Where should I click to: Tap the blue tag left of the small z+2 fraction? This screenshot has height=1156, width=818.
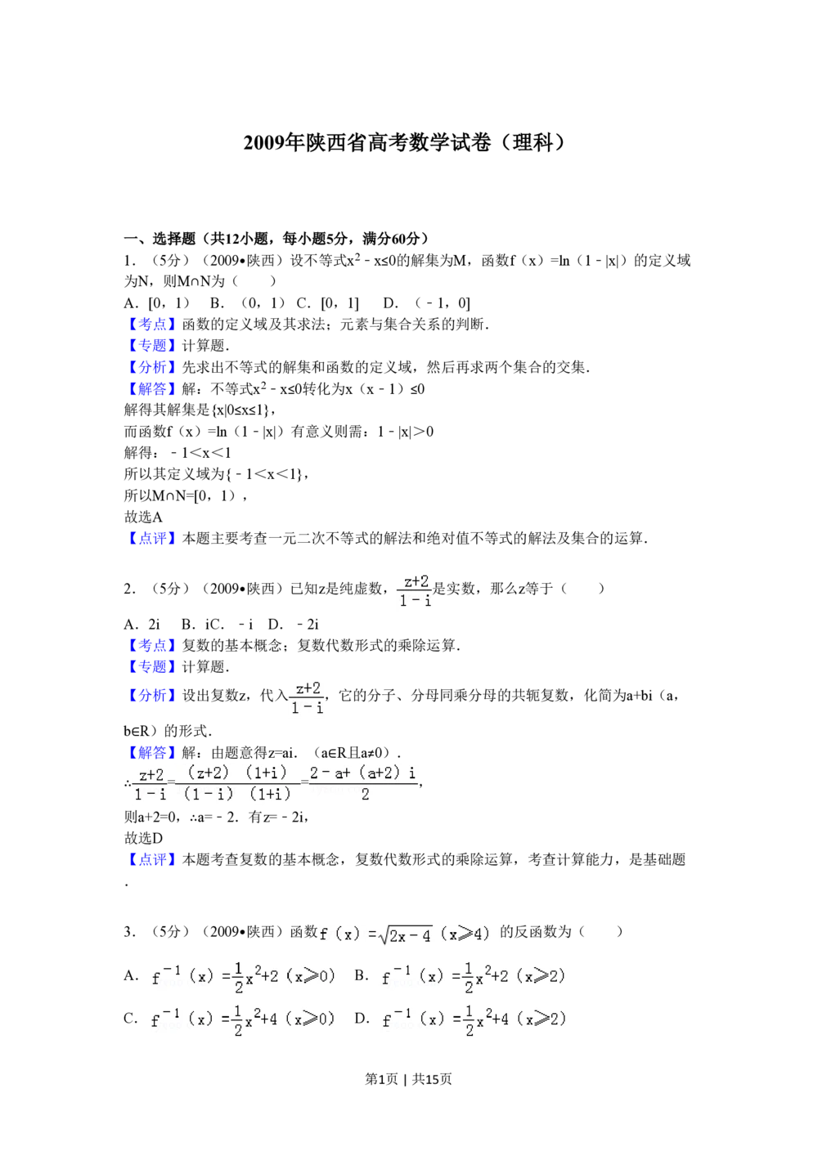151,696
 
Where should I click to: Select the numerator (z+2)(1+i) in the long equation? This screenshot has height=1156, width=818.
237,773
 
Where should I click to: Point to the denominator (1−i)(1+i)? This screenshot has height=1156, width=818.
237,794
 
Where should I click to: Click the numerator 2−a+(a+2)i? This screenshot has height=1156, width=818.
363,772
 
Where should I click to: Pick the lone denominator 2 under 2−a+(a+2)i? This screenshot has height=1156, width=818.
365,794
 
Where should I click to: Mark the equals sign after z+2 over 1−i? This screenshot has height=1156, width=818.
171,782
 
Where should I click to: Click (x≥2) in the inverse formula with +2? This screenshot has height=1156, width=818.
541,975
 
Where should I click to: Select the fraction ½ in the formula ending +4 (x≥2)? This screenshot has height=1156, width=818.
469,1021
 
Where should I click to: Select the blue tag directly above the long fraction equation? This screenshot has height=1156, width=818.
151,753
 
